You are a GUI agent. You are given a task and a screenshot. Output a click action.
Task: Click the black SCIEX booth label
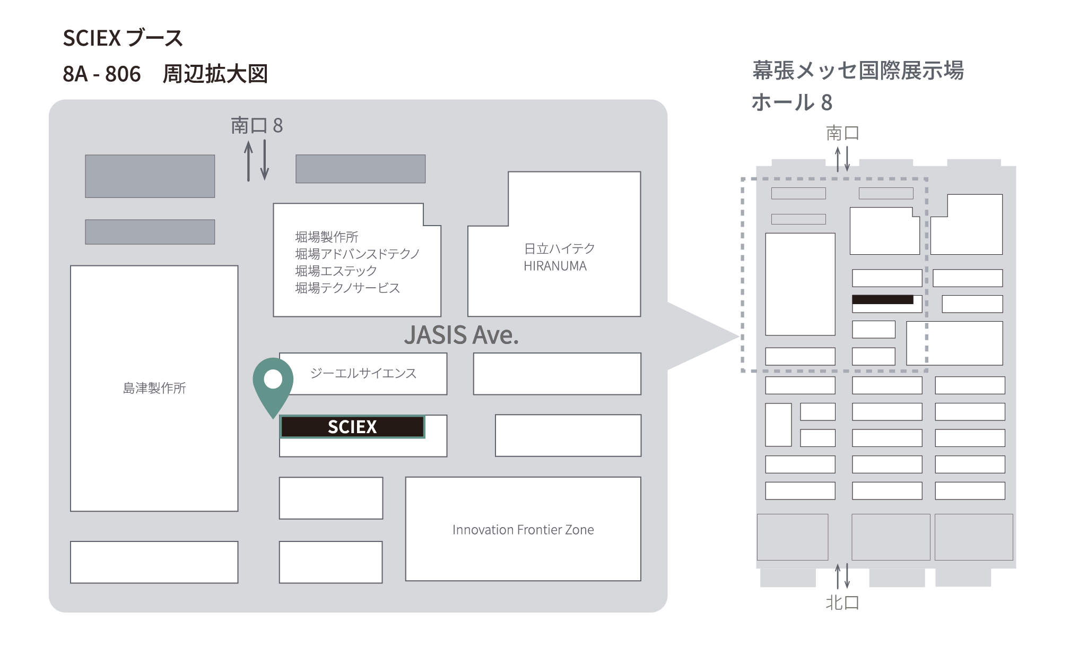coord(352,427)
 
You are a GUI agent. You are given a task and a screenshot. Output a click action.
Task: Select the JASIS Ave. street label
coord(461,335)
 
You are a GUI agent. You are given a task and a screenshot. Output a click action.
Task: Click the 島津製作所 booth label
coord(154,388)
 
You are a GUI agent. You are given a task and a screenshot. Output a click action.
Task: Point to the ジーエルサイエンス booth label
coord(363,373)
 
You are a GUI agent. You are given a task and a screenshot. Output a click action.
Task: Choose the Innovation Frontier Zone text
coord(523,530)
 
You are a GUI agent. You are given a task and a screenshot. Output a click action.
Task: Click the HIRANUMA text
coord(555,266)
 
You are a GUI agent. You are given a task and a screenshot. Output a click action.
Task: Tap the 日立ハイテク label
coord(559,248)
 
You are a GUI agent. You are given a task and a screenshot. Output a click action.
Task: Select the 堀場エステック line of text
coord(336,271)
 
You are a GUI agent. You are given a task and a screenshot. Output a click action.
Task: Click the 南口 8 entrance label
coord(257,126)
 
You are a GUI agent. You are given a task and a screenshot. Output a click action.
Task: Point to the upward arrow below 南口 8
coord(248,161)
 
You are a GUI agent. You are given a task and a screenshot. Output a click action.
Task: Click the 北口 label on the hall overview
coord(842,602)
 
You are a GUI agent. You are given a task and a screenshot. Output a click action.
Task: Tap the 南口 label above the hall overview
coord(842,133)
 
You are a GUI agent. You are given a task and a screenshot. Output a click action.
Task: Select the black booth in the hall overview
coord(883,299)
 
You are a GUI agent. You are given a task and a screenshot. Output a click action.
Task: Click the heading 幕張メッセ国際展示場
coord(858,71)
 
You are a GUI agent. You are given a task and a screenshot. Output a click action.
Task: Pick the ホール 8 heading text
coord(792,102)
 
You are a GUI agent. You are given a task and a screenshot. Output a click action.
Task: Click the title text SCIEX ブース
coord(123,38)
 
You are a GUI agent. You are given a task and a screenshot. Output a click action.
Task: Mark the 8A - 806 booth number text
coord(102,74)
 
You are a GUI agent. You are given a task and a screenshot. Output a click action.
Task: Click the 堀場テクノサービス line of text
coord(347,288)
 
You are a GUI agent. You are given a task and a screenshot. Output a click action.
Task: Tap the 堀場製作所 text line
coord(327,237)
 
